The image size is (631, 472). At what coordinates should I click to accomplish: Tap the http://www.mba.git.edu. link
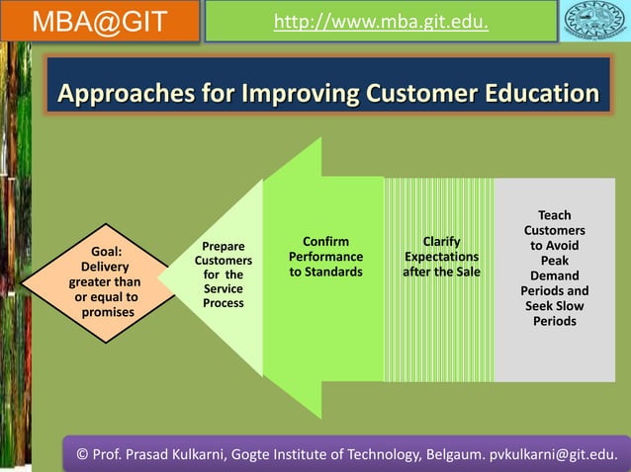pyautogui.click(x=381, y=20)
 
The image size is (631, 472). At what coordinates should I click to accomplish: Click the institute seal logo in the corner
pyautogui.click(x=596, y=21)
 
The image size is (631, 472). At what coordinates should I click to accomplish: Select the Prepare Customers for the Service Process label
pyautogui.click(x=224, y=275)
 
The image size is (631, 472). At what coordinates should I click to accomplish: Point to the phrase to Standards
pyautogui.click(x=325, y=272)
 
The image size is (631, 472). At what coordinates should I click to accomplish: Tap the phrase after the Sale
pyautogui.click(x=441, y=272)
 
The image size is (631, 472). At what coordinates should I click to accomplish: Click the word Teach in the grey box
pyautogui.click(x=554, y=215)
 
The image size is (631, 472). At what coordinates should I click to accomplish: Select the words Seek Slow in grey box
pyautogui.click(x=554, y=306)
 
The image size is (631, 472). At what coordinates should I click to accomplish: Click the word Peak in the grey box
pyautogui.click(x=554, y=261)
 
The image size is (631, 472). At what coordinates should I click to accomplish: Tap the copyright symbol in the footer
pyautogui.click(x=83, y=453)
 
